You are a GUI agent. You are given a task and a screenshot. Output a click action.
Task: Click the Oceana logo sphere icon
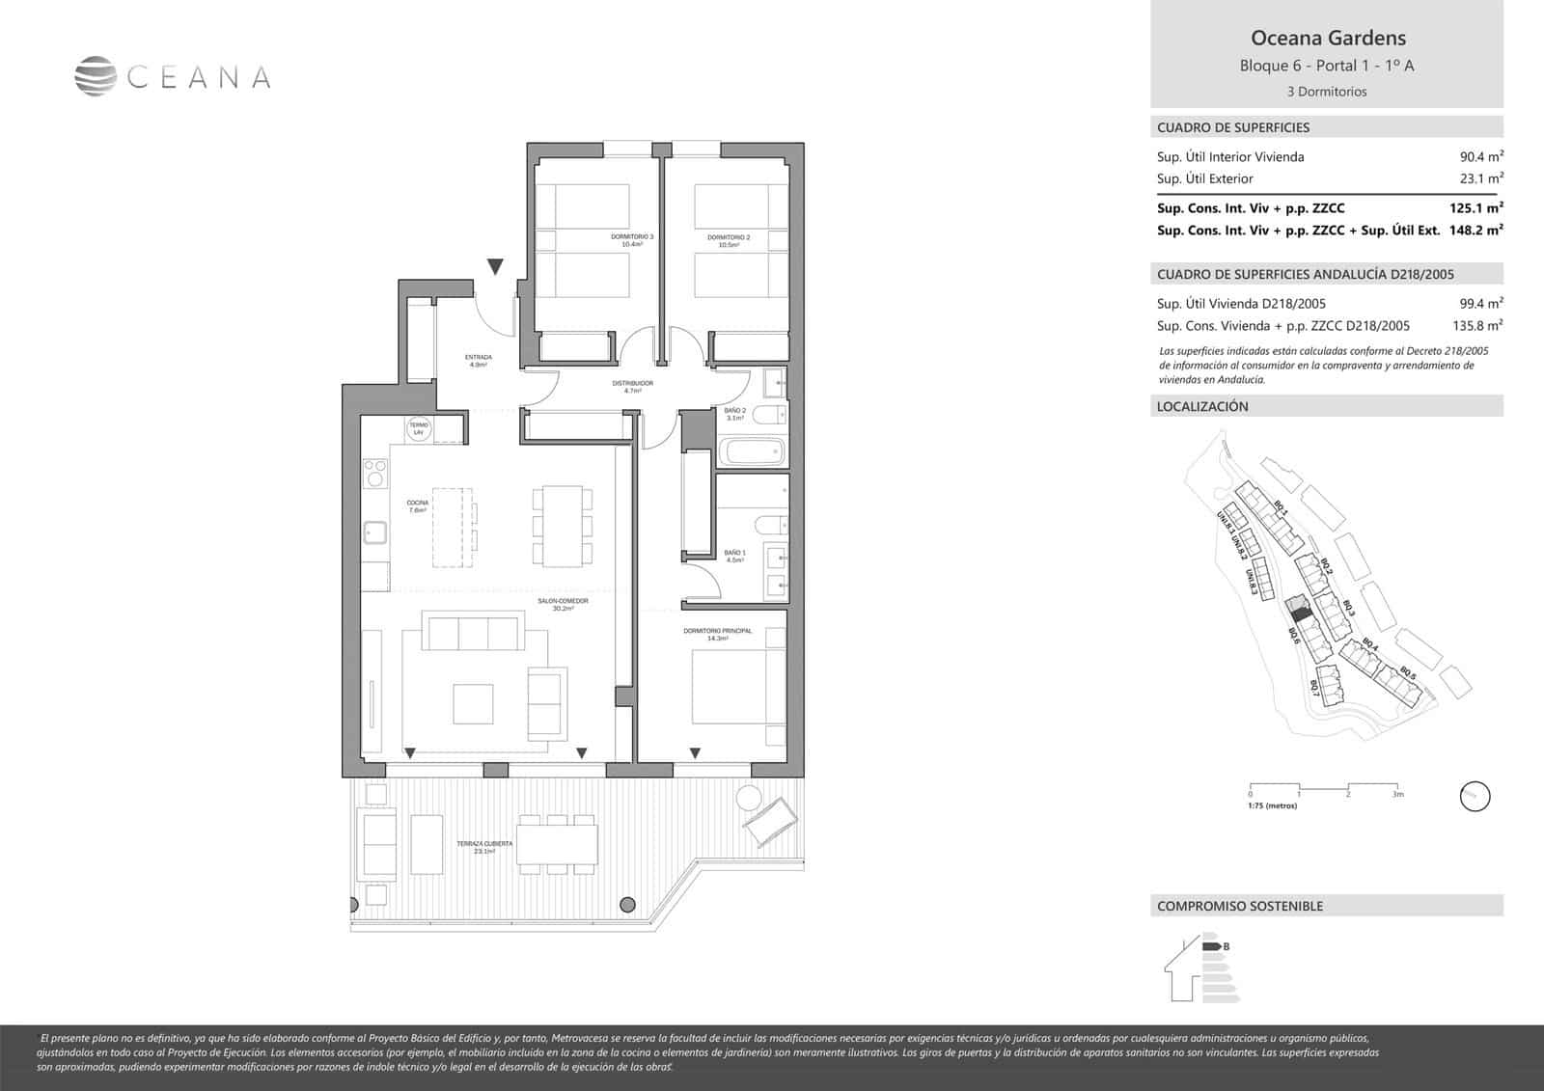pos(96,77)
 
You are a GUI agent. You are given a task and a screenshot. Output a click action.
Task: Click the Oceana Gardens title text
pos(1328,39)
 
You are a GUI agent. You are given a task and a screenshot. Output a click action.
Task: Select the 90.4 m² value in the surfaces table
pos(1481,157)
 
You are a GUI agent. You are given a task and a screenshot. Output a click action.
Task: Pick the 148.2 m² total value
pos(1476,231)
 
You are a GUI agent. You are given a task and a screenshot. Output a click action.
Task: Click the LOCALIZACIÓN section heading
pos(1202,407)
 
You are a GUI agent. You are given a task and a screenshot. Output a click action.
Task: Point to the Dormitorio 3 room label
pos(632,240)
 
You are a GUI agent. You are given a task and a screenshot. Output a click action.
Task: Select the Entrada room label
pos(478,361)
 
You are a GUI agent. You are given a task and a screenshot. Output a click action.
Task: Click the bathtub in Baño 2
pos(753,451)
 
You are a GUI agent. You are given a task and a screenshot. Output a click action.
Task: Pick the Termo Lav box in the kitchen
pos(419,428)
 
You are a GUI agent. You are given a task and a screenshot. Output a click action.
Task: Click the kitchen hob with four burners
pos(375,474)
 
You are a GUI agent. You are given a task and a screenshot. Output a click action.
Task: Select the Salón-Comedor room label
pos(564,604)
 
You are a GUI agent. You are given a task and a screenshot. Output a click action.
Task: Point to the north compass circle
pos(1475,797)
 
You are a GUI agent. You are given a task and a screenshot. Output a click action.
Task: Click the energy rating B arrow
pos(1213,946)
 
